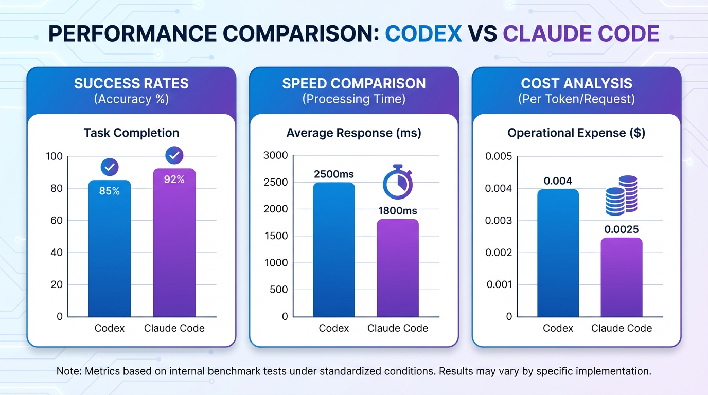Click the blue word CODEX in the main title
[x=423, y=33]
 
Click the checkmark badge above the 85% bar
[x=110, y=167]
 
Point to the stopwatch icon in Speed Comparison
[x=397, y=183]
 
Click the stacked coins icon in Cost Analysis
[x=622, y=195]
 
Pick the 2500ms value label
[x=334, y=174]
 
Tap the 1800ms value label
[x=397, y=210]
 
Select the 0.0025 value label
[x=622, y=229]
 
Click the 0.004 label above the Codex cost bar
[x=558, y=181]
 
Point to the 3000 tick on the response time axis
[x=276, y=156]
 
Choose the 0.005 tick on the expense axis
[x=499, y=156]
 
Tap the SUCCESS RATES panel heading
[x=131, y=84]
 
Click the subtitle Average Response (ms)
[x=353, y=133]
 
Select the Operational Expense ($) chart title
[x=576, y=133]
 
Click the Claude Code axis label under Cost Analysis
[x=622, y=328]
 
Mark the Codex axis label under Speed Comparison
[x=334, y=328]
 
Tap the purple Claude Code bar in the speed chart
[x=397, y=267]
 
